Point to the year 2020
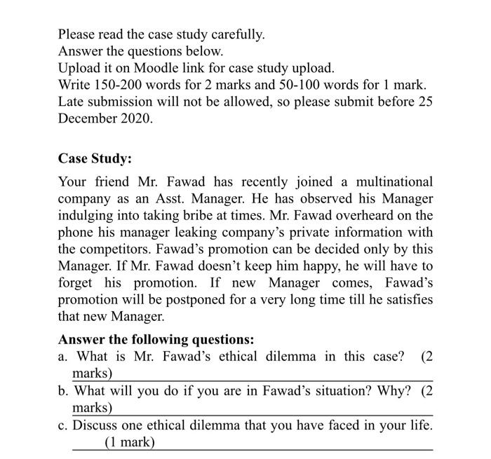pos(136,118)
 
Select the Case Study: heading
pos(95,158)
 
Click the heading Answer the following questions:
pos(156,340)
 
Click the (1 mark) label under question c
pos(130,442)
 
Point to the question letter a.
pos(62,357)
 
